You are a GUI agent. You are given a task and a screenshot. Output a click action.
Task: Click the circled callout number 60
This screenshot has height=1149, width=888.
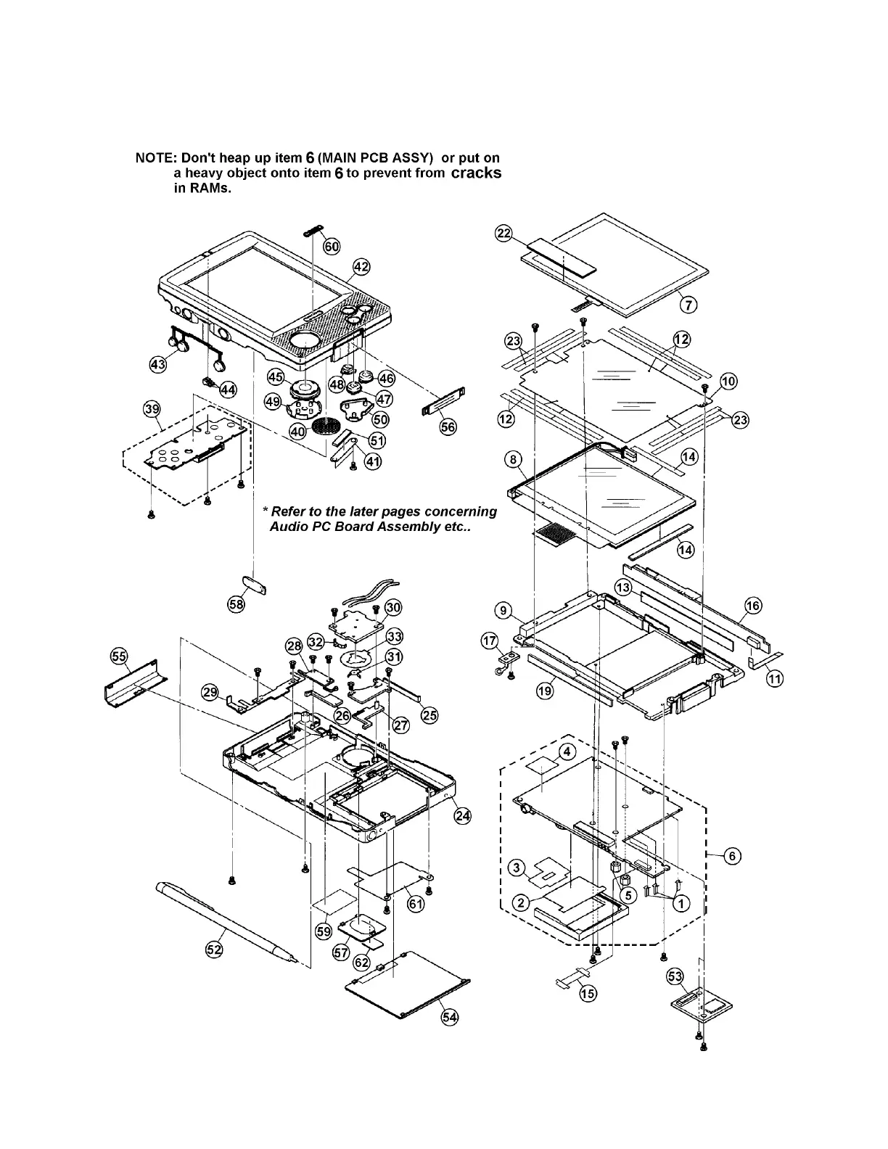point(332,247)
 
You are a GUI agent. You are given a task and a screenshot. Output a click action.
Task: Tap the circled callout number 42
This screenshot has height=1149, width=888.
point(361,267)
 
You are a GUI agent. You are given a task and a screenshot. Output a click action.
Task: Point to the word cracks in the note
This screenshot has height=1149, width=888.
point(476,173)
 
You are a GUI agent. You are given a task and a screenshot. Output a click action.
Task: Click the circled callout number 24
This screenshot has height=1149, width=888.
point(462,815)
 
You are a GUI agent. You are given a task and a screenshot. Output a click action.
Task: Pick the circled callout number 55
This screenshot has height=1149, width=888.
point(119,656)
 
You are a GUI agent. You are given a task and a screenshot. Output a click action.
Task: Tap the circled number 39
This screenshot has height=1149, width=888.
point(152,410)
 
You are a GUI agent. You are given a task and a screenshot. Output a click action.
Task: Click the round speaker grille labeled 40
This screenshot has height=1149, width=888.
point(326,426)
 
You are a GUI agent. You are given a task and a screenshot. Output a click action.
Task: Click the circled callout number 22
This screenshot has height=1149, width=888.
point(503,233)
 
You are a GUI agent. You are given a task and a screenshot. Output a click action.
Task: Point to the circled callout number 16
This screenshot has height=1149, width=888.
point(753,606)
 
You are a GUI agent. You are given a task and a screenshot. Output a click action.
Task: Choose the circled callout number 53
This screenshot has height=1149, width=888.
point(675,978)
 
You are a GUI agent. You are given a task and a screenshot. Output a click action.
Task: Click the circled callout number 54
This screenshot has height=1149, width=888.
point(451,1017)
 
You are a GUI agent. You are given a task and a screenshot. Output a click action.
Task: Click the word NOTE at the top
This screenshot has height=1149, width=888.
point(155,157)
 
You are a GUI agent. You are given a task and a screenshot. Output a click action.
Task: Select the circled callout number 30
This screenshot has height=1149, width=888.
point(392,607)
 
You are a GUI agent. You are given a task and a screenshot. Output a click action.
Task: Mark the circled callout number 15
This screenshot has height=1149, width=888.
point(587,993)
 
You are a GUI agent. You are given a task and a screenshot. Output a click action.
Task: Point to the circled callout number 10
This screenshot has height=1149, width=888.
point(728,382)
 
